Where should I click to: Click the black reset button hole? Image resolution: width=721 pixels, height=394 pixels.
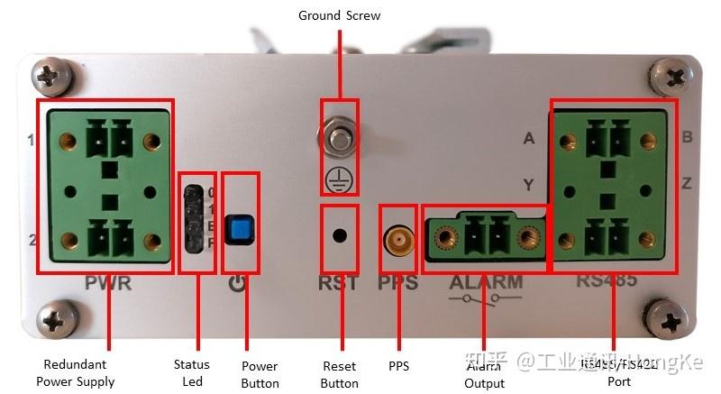pos(340,236)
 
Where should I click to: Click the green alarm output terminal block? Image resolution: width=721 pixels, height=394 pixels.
pos(484,238)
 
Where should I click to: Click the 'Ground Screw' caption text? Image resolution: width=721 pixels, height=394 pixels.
pos(339,15)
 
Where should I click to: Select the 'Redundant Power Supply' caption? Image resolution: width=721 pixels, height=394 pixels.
pos(76,373)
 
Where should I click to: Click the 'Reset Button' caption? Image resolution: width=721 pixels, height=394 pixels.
pos(339,374)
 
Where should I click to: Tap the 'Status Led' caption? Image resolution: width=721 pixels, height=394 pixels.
pos(191,372)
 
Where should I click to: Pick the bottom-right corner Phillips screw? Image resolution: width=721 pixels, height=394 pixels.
pos(671,319)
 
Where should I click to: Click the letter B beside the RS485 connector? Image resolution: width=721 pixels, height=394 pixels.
pos(687,138)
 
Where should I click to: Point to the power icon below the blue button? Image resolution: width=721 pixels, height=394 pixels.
pos(237,284)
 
